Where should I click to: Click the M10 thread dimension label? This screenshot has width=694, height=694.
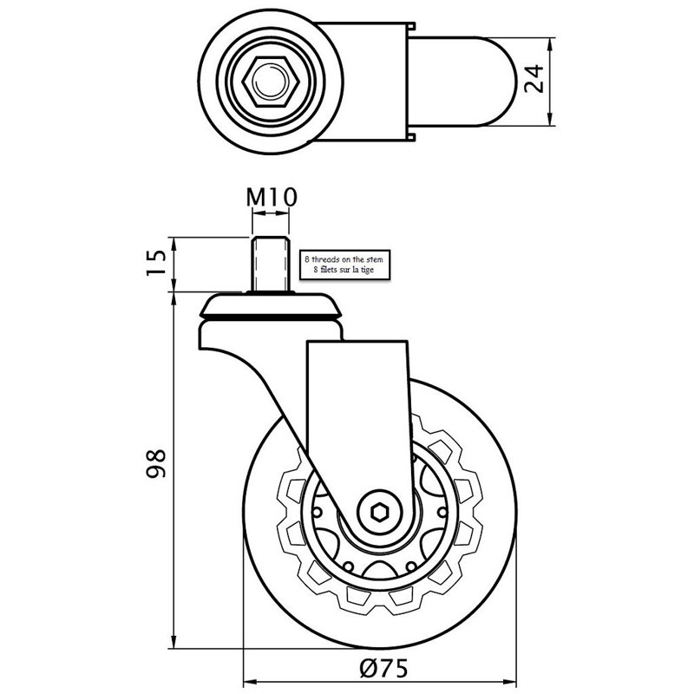[x=272, y=198]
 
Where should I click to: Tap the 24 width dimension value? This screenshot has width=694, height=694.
[x=534, y=78]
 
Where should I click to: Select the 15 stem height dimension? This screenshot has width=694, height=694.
[x=156, y=262]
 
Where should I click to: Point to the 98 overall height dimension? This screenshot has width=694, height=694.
[x=156, y=463]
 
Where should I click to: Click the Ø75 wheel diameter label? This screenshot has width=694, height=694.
[x=383, y=668]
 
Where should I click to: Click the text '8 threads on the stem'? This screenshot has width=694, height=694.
[x=344, y=259]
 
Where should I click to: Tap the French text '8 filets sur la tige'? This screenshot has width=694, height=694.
[x=344, y=270]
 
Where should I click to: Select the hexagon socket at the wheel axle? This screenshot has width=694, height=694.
[x=379, y=513]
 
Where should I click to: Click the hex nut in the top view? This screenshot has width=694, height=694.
[x=271, y=82]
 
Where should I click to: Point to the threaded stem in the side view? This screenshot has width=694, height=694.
[x=271, y=265]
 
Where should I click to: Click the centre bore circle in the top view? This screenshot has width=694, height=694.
[x=271, y=82]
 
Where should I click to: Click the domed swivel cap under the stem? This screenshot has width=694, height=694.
[x=271, y=305]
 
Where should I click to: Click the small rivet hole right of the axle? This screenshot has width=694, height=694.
[x=442, y=513]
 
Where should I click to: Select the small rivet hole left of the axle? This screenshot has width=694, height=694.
[x=317, y=513]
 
